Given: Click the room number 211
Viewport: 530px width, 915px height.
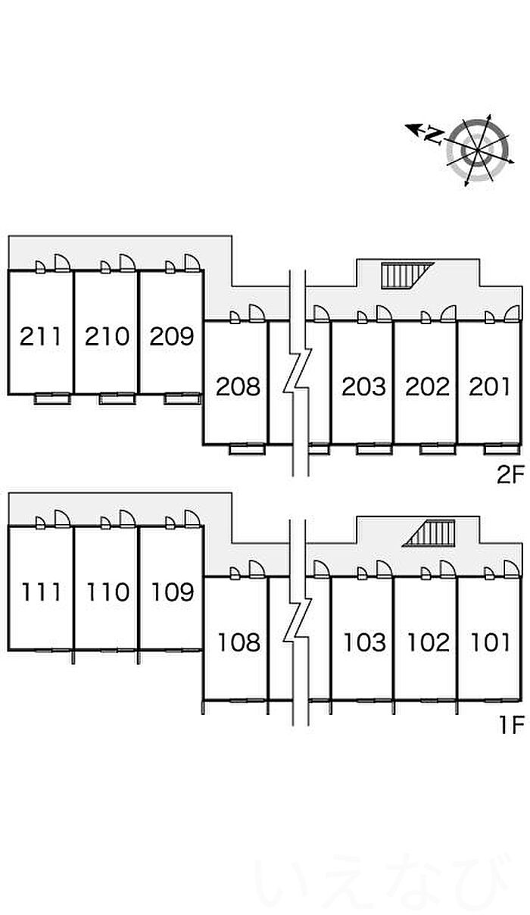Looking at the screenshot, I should (x=41, y=336).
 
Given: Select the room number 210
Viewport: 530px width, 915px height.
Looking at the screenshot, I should (x=107, y=336).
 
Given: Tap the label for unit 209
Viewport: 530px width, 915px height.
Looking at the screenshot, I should (x=172, y=336).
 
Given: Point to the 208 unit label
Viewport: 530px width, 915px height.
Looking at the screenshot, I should (x=238, y=387).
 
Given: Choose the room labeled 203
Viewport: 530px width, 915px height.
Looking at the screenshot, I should (x=364, y=387).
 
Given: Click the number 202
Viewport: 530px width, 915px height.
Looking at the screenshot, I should (x=428, y=387).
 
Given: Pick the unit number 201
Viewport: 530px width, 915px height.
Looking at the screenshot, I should (x=491, y=387).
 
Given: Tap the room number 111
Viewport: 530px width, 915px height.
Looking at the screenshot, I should (x=41, y=592).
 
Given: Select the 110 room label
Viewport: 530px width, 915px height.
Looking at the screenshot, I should (x=107, y=592).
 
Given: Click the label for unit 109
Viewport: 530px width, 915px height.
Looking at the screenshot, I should (x=172, y=592).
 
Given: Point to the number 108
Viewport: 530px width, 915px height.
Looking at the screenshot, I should (x=238, y=643).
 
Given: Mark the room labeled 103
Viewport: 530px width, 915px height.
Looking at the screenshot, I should (x=364, y=643).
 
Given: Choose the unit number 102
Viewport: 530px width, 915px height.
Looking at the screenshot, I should (x=428, y=643).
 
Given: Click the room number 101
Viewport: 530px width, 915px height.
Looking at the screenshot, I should (x=491, y=643).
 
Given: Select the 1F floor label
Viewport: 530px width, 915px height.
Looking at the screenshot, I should (x=511, y=726).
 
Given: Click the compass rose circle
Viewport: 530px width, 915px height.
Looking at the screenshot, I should (x=477, y=150).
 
